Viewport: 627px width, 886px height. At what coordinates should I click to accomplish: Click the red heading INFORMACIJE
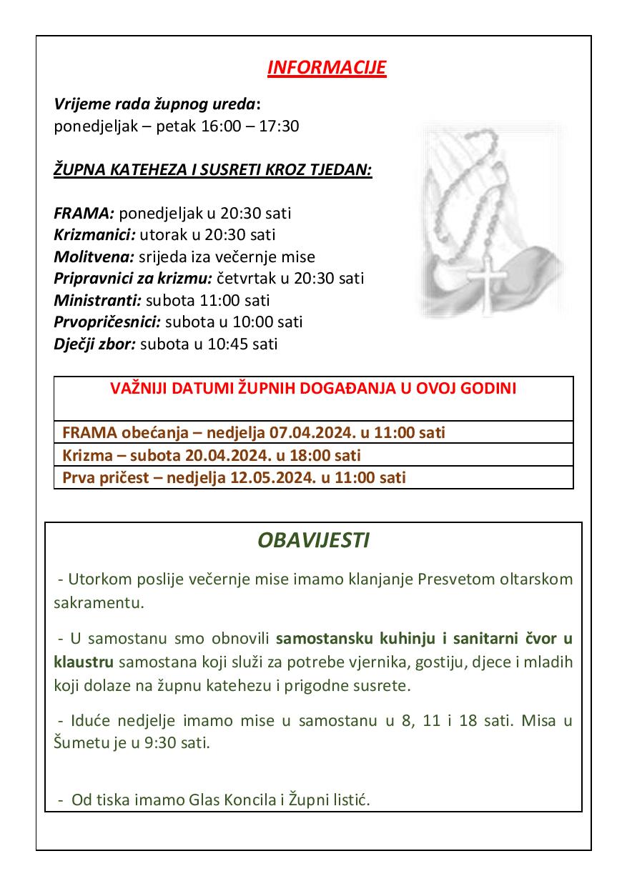(327, 68)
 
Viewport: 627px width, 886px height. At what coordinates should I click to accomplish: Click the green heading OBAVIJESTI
(313, 540)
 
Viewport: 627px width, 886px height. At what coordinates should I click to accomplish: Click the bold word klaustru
(79, 662)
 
